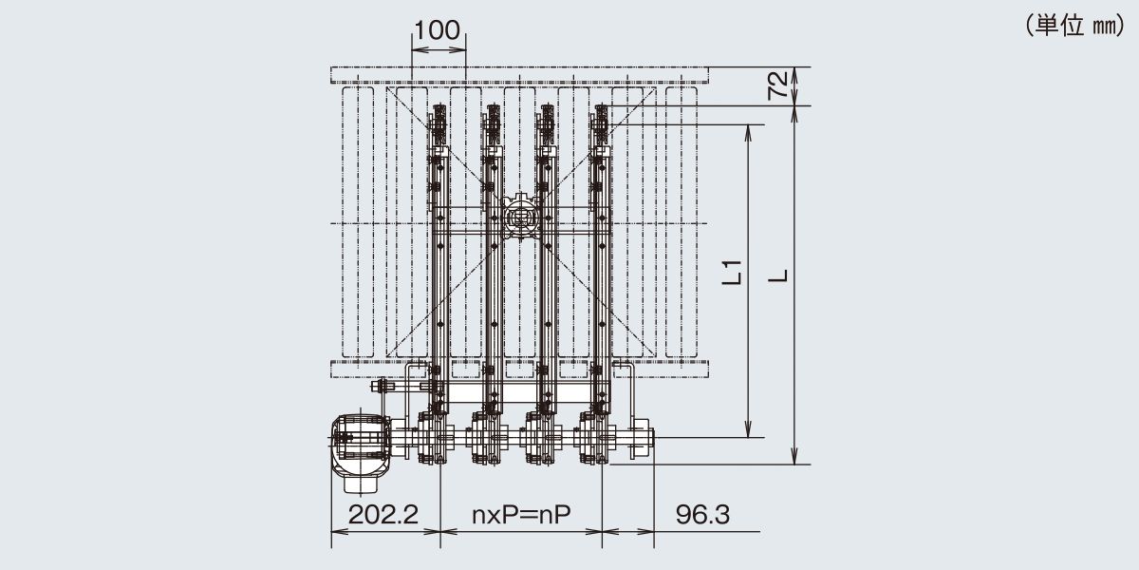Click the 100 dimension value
coord(438,30)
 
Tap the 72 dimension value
coord(778,85)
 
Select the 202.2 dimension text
coord(383,515)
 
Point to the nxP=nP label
coord(521,515)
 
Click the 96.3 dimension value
coord(702,515)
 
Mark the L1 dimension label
coord(732,273)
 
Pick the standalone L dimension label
coord(778,275)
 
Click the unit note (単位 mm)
coord(1074,26)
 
